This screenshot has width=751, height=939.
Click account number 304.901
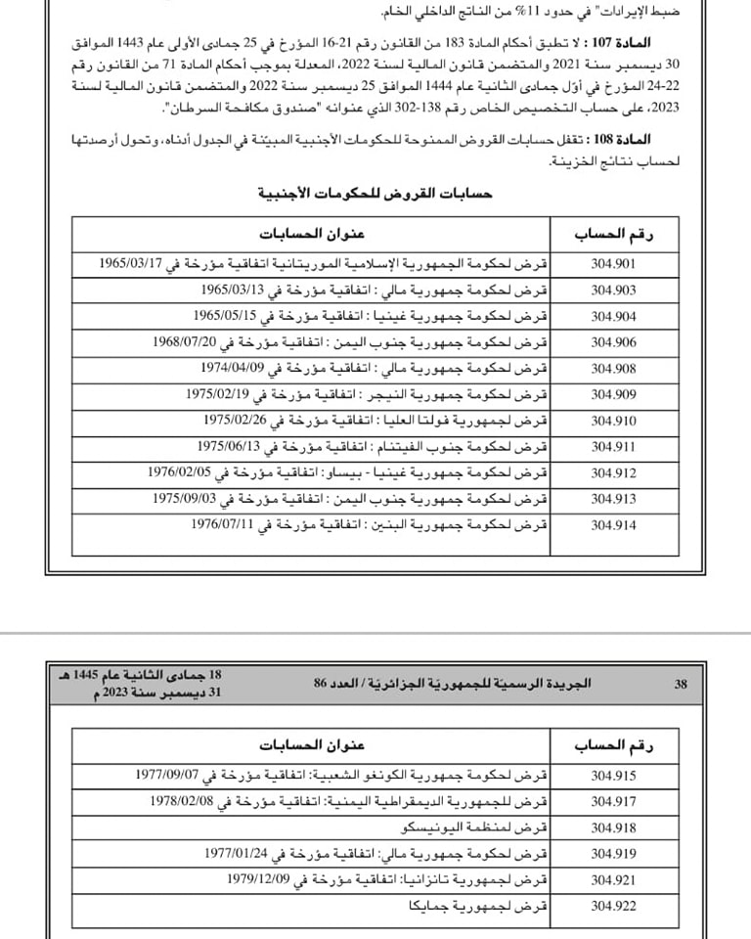(x=613, y=264)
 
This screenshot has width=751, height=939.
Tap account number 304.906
(x=613, y=342)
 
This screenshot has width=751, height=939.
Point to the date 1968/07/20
(x=187, y=342)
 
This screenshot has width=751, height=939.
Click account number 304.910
(x=613, y=421)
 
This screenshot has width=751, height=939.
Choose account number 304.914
(x=613, y=524)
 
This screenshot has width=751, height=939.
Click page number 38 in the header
(x=681, y=684)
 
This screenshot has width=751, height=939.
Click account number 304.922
(x=613, y=906)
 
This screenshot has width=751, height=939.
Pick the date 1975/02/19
(x=219, y=394)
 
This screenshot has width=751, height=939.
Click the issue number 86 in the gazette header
(x=325, y=684)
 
